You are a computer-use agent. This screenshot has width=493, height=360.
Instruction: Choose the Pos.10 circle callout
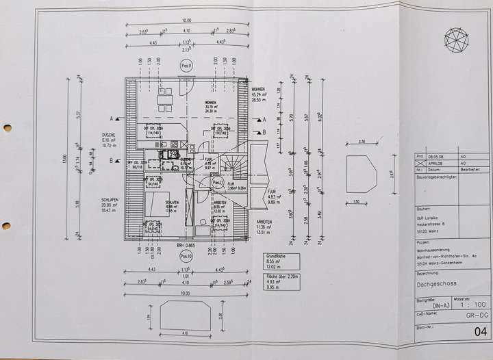(186, 256)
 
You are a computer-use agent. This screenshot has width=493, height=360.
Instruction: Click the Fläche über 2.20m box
(281, 282)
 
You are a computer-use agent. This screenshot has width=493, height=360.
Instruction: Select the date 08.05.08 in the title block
(436, 156)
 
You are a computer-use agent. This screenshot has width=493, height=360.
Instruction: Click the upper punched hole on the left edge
(7, 127)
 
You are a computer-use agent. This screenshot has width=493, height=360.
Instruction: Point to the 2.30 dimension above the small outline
(361, 142)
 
